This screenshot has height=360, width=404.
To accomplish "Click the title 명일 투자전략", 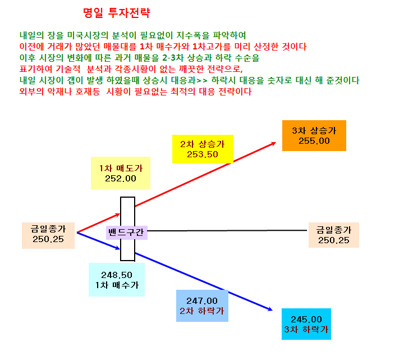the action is pos(117,12).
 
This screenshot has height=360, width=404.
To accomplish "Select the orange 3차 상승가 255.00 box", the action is pos(314,136).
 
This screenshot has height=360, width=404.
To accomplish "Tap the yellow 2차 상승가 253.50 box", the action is pos(203,149).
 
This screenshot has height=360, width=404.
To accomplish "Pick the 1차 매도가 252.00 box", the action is pos(121,173).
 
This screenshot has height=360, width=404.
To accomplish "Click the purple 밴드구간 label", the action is pos(126,233).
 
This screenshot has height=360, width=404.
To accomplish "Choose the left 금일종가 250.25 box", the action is pos(48,235).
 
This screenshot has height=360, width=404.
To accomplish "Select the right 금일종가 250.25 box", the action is pos(334,235).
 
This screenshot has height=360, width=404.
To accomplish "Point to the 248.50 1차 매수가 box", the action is pos(117,280).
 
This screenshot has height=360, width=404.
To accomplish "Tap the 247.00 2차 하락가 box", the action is pos(202,306).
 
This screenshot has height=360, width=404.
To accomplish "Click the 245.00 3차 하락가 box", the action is pos(306,324).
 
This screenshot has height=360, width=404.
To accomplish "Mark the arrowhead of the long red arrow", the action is pos(276,142).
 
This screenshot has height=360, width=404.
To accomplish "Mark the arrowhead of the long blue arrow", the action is pos(272,310).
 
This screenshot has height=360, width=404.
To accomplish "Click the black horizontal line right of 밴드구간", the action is pos(227,230).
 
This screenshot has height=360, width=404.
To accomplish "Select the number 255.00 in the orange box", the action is pos(314,141).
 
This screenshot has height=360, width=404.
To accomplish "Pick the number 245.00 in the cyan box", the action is pos(306,320).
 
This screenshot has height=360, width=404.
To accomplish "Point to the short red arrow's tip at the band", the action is pos(120,214).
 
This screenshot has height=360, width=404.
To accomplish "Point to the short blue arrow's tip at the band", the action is pos(120,249).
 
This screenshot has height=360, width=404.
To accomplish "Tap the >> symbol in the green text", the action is pos(202,80).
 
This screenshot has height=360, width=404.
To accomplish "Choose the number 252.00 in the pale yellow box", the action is pos(121,179).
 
